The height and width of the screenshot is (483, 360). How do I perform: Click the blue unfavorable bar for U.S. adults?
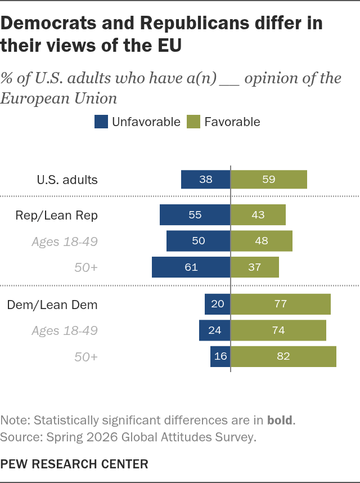tap(205, 179)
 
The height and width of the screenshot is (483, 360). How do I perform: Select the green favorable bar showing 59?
tap(269, 179)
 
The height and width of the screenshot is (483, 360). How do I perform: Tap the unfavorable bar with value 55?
tap(195, 214)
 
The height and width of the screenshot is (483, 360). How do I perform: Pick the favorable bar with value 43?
tap(258, 214)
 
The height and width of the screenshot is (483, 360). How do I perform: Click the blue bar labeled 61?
tap(191, 267)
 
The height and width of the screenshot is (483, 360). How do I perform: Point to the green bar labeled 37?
tap(255, 267)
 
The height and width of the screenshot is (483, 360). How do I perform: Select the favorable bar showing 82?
tap(283, 356)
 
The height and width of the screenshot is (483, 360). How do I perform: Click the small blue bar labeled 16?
tap(220, 356)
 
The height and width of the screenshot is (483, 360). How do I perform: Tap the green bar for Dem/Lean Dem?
tap(281, 304)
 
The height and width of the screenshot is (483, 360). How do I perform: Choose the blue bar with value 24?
tap(214, 330)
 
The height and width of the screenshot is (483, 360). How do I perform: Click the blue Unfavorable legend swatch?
tap(101, 122)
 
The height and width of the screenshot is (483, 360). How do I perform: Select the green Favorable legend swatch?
tap(193, 122)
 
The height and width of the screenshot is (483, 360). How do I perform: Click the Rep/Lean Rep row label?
tap(57, 215)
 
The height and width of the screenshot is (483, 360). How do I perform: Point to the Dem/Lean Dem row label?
tap(52, 305)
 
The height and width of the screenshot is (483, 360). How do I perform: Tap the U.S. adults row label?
tap(67, 180)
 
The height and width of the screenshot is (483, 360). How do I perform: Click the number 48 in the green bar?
tap(262, 240)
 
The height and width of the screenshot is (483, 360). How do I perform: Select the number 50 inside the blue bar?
tap(199, 240)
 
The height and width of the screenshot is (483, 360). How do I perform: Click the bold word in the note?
tap(280, 420)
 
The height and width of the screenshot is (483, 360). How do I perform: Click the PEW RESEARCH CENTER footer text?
tap(74, 464)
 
